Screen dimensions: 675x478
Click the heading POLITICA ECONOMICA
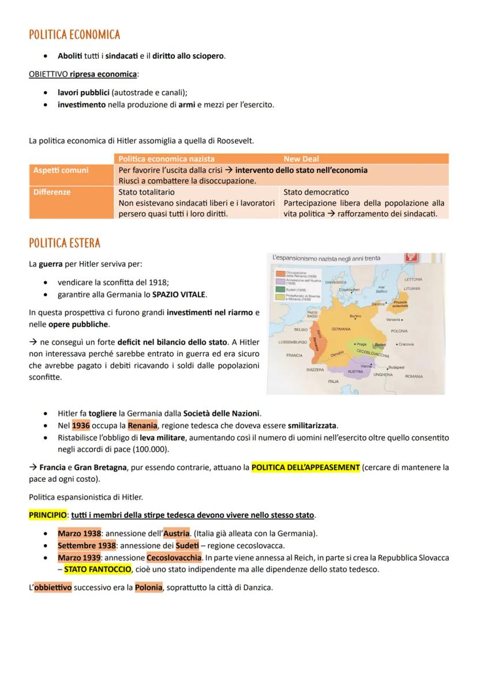click(74, 35)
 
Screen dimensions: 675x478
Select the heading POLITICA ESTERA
click(64, 243)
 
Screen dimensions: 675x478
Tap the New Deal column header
click(301, 159)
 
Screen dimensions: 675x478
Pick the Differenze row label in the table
click(52, 192)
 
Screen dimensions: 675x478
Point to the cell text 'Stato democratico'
click(316, 192)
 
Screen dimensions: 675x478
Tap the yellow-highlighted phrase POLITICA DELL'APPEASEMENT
click(305, 467)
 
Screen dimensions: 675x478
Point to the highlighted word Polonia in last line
click(148, 588)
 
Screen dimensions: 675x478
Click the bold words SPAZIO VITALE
click(178, 295)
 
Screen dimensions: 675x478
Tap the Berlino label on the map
click(355, 316)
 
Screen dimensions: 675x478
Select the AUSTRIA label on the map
click(354, 372)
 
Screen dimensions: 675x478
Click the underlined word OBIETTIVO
click(48, 74)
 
